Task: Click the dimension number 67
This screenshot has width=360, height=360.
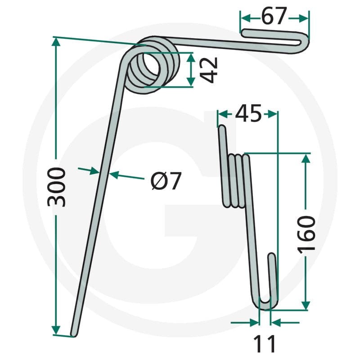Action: [274, 16]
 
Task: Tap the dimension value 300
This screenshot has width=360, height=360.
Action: [57, 187]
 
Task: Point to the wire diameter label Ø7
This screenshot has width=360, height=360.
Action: [166, 181]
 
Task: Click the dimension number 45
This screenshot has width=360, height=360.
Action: [249, 113]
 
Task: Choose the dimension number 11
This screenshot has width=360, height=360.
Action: [264, 344]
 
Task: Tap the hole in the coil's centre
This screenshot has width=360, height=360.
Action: [151, 66]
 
